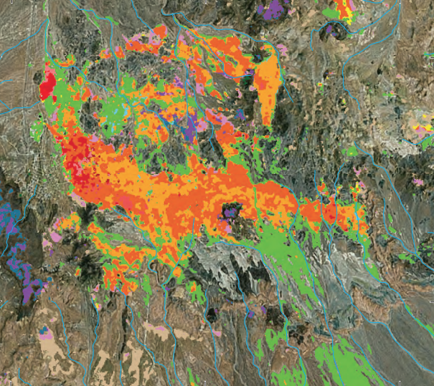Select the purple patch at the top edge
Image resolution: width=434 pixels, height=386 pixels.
[x=272, y=9]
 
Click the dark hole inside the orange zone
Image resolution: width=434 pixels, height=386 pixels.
[x=231, y=213]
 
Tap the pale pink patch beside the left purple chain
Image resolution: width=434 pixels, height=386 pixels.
[x=55, y=236]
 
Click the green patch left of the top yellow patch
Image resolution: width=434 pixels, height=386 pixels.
[x=331, y=12]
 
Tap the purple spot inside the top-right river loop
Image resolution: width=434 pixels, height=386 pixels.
[x=331, y=29]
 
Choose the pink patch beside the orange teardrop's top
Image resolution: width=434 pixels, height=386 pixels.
[x=282, y=49]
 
